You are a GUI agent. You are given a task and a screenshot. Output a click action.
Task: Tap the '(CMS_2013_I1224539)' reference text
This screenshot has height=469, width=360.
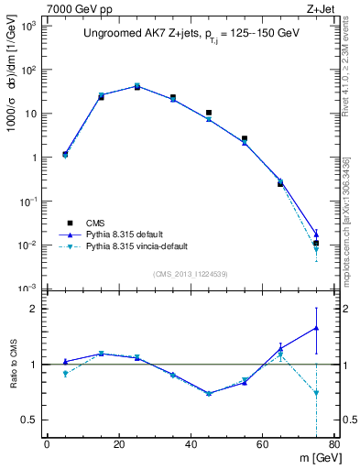click(191, 272)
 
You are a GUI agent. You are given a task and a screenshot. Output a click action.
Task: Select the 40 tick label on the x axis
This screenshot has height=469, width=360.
click(191, 446)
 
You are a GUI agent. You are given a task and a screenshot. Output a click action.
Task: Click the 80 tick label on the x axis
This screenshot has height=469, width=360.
click(334, 446)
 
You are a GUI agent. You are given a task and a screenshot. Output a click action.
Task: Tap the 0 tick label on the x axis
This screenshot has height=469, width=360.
click(48, 446)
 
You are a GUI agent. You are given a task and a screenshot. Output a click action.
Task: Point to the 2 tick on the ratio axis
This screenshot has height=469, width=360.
click(38, 310)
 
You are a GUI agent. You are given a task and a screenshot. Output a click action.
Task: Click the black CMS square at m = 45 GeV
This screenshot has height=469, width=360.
click(209, 113)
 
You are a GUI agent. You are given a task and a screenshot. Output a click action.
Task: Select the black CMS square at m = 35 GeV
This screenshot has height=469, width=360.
click(173, 97)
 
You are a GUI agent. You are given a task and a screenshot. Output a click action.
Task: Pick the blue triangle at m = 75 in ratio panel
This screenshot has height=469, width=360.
click(316, 327)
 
